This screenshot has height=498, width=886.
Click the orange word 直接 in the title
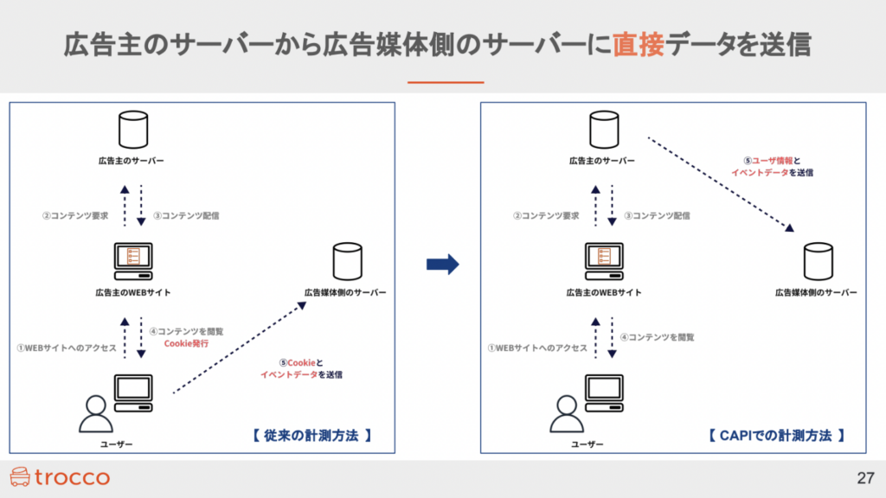tap(639, 45)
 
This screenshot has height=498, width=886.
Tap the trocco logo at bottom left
tap(59, 476)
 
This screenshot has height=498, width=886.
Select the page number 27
tap(865, 477)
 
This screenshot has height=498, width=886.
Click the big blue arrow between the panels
tap(442, 265)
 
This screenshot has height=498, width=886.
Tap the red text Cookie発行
tap(186, 343)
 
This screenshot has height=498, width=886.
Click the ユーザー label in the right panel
tap(587, 444)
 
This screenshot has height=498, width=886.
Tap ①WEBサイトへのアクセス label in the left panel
tap(67, 348)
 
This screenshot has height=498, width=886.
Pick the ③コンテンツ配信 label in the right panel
tap(657, 215)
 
